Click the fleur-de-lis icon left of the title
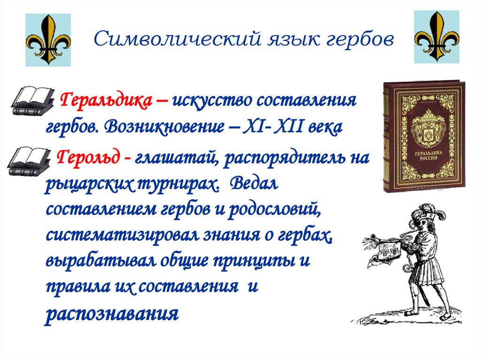coord(48,39)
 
